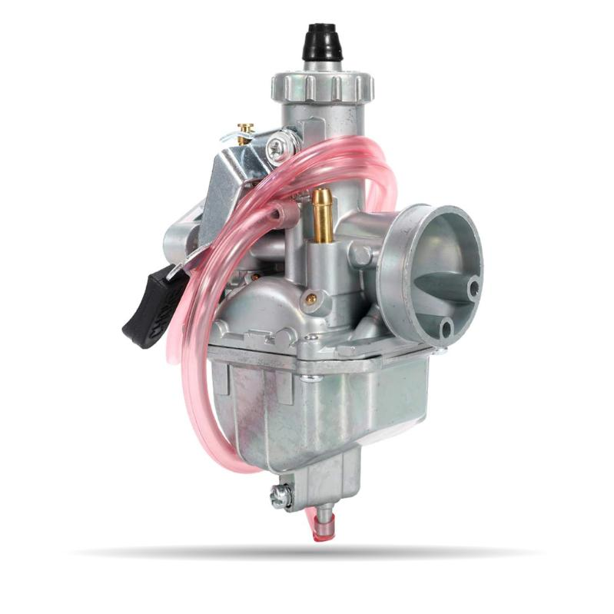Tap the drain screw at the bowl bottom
[x=280, y=498]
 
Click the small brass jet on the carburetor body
[x=311, y=298]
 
